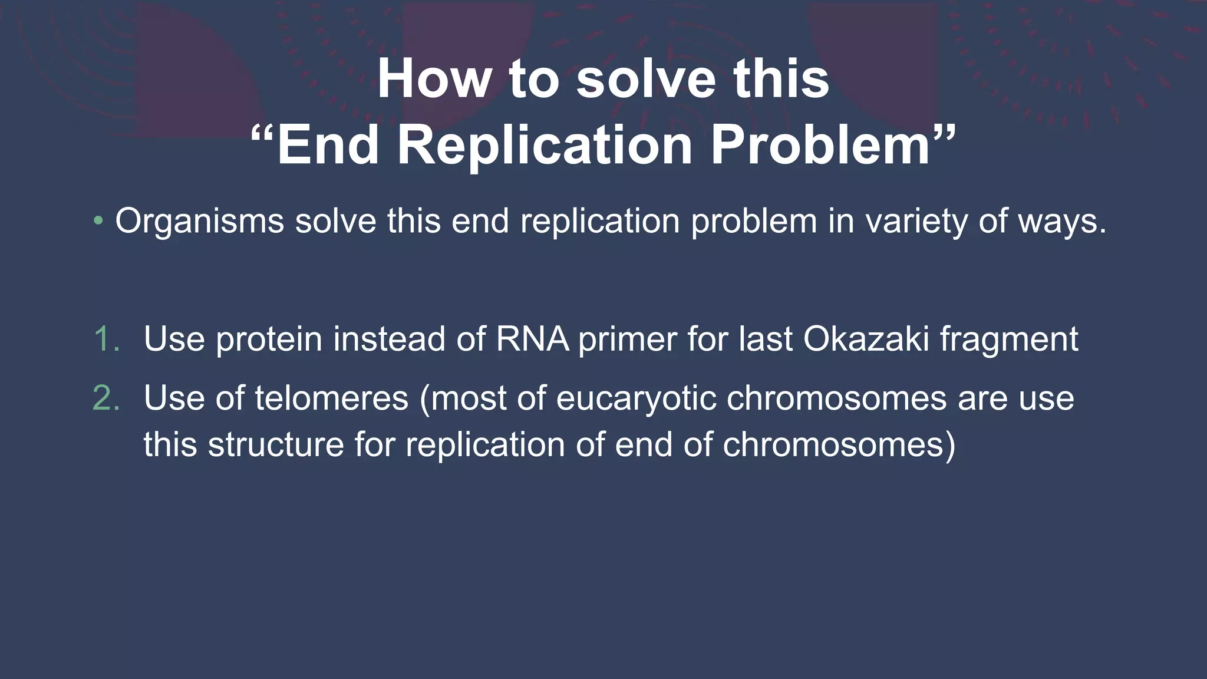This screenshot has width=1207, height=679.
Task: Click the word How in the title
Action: click(x=434, y=79)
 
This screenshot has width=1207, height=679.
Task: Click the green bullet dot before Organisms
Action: click(x=98, y=222)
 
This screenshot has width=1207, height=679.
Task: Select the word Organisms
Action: click(x=199, y=222)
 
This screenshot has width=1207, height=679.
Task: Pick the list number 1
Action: click(x=107, y=339)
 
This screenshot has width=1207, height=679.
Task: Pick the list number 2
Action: click(x=107, y=398)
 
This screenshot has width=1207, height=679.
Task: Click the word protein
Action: click(x=269, y=339)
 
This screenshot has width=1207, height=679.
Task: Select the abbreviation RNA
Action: click(x=532, y=339)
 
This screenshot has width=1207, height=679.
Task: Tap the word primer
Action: click(x=626, y=339)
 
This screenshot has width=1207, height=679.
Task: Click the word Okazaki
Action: click(x=866, y=339)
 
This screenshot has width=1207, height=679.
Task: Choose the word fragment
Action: click(x=1008, y=339)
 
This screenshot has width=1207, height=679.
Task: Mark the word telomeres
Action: click(x=331, y=398)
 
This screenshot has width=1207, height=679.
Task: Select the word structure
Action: click(x=276, y=444)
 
